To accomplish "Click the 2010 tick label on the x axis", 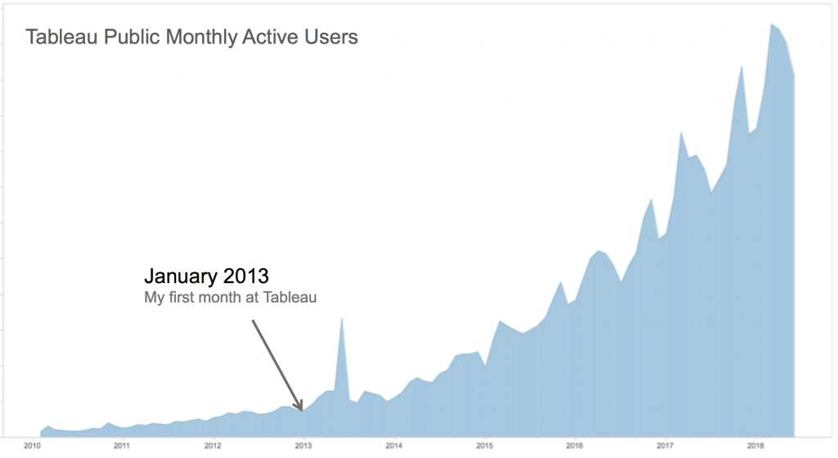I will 33,446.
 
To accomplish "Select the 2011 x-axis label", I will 121,446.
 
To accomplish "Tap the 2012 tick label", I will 213,446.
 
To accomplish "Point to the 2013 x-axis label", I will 303,446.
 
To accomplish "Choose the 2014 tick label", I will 394,446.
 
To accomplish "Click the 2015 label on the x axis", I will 484,446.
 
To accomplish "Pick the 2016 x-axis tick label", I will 574,446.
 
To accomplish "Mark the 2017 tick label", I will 665,446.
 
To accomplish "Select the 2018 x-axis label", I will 755,446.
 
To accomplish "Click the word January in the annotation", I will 182,276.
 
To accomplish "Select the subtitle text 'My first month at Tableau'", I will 230,298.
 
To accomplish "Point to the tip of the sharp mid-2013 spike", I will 341,317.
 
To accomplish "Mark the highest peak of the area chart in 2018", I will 771,25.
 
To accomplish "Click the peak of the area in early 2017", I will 682,132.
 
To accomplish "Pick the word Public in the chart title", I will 131,38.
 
